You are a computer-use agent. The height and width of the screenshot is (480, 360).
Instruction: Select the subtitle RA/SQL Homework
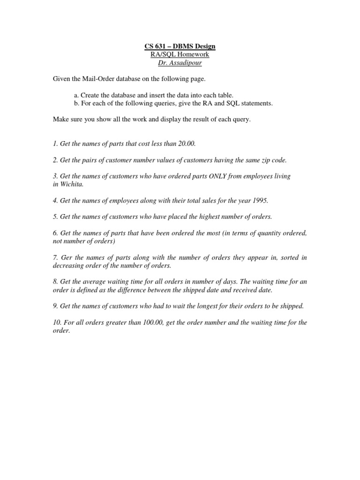point(180,54)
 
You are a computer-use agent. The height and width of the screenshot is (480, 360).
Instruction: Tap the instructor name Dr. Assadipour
point(180,63)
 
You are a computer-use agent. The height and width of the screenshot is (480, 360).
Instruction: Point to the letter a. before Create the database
point(76,95)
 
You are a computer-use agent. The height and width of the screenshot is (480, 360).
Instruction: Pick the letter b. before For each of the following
point(76,103)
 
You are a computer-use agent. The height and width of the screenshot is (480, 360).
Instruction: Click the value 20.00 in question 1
point(187,143)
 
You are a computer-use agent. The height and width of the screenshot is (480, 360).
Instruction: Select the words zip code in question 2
point(274,160)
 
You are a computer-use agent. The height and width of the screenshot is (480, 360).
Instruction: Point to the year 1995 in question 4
point(260,201)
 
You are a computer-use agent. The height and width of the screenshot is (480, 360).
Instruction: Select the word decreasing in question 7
point(67,265)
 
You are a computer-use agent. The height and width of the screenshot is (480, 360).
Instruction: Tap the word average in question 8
point(94,282)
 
